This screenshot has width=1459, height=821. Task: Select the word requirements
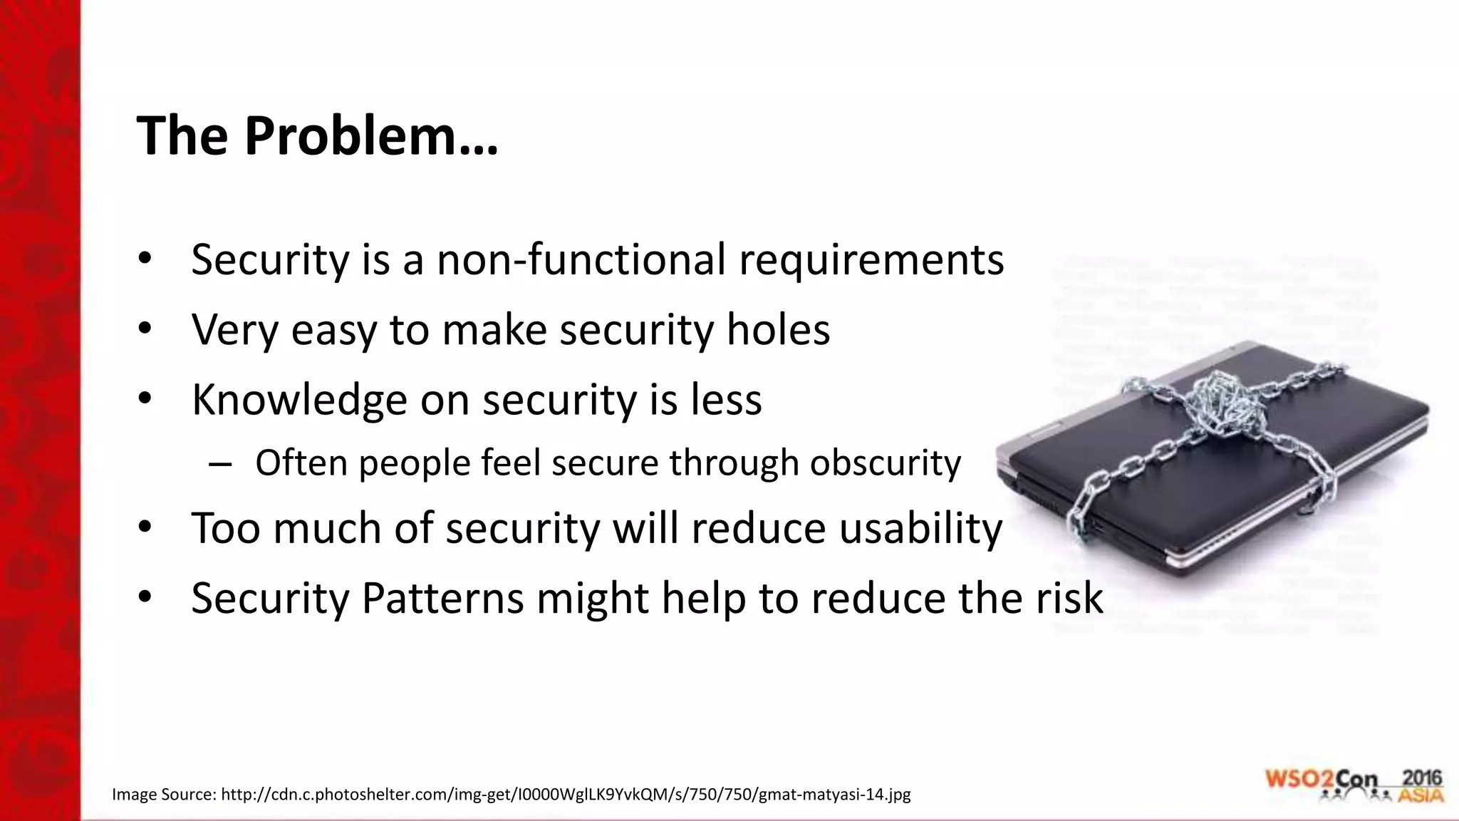tap(871, 261)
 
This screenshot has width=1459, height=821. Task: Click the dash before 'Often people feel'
tap(220, 464)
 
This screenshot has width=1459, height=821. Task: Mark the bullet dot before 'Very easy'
tap(145, 329)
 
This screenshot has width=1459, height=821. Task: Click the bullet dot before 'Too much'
tap(145, 527)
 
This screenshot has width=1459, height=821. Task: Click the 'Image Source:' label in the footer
tap(164, 794)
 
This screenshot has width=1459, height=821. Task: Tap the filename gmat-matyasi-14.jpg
tap(834, 794)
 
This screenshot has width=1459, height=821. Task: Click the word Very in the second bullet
tap(234, 330)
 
